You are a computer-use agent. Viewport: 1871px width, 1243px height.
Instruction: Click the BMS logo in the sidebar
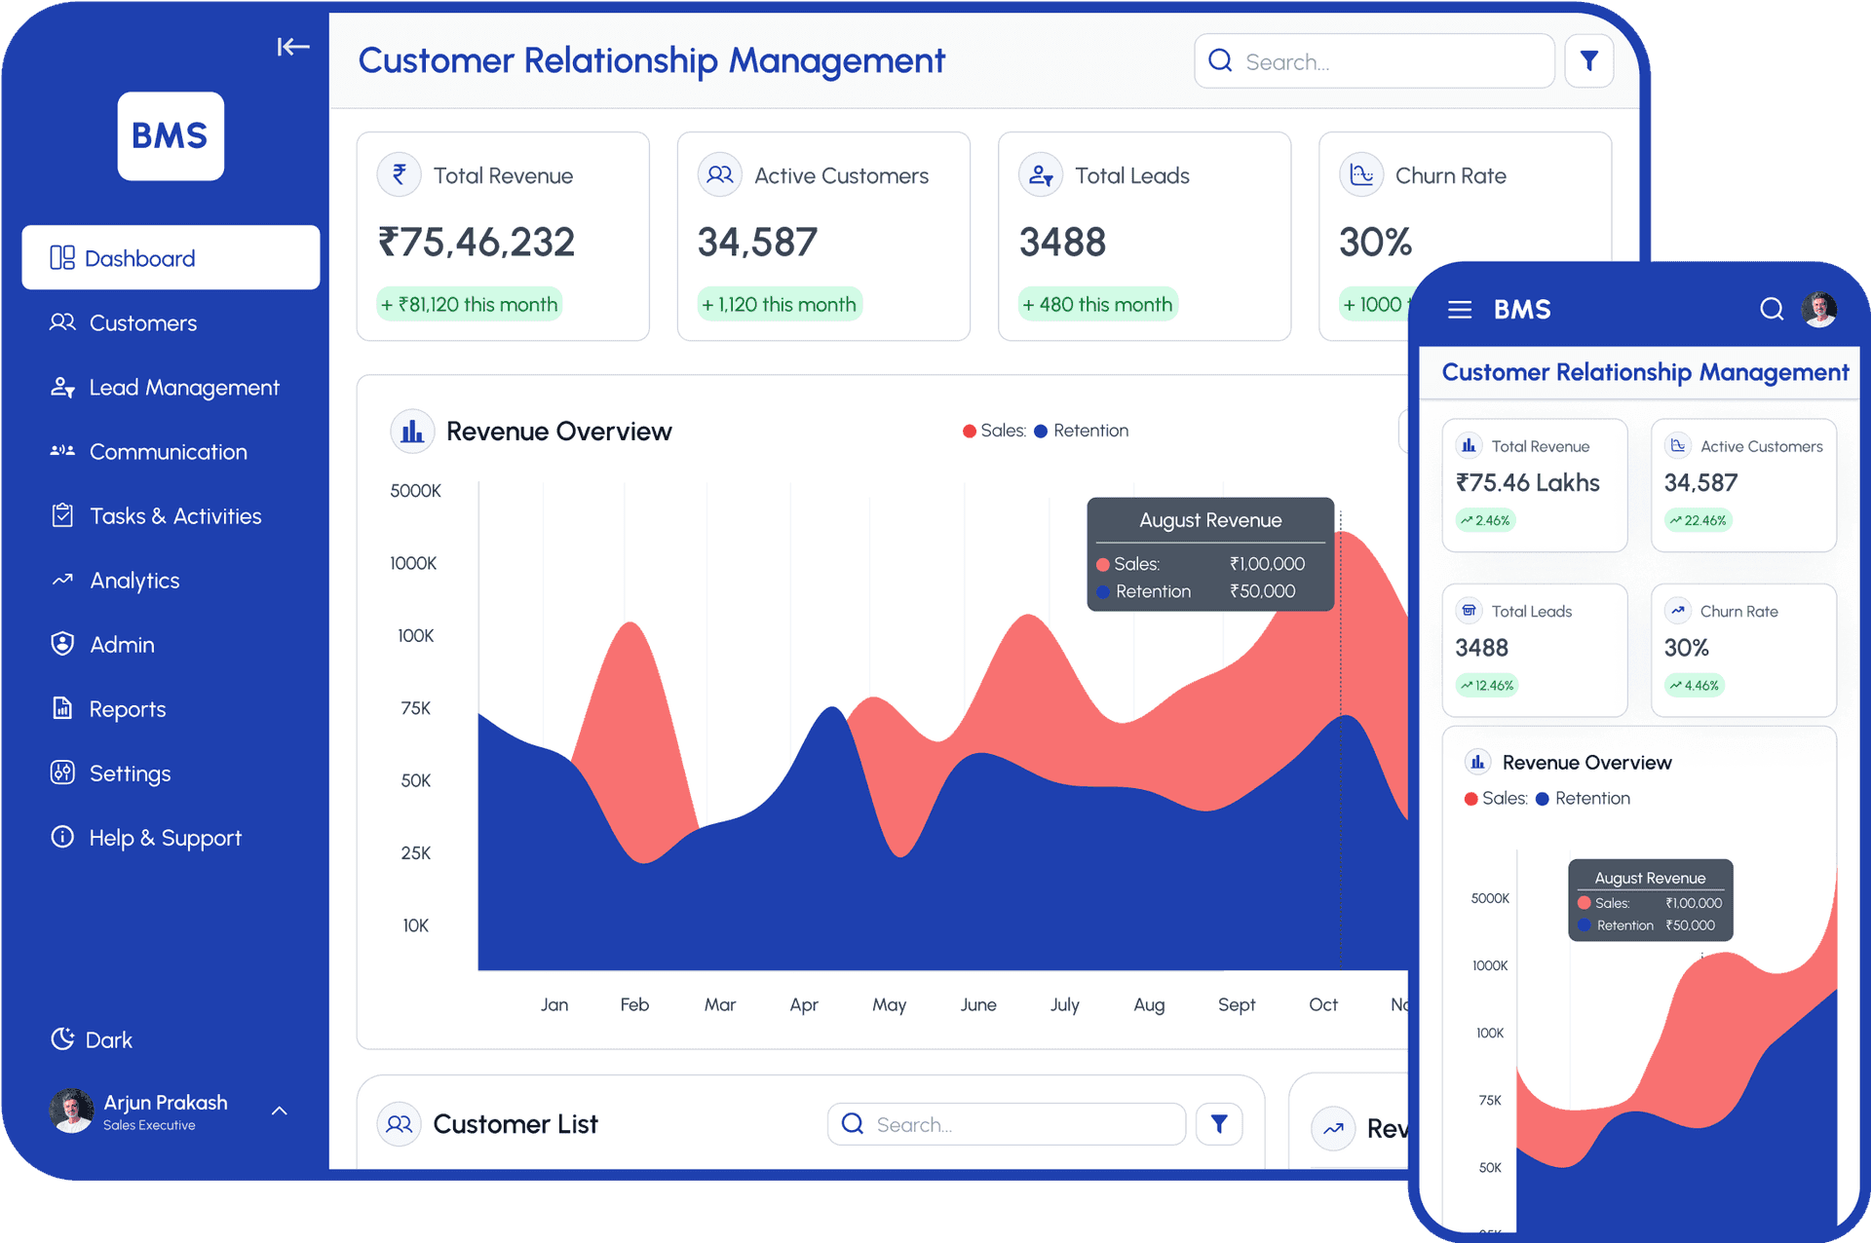[x=171, y=136]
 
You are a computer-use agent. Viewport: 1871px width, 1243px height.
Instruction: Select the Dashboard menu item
[x=171, y=258]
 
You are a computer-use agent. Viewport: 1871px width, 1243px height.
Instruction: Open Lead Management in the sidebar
[x=183, y=388]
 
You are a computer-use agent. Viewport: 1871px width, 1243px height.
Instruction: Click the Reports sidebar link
[x=127, y=709]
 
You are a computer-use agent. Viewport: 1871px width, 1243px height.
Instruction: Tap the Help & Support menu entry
[x=164, y=838]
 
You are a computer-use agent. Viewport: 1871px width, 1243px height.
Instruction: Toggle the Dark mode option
[x=93, y=1039]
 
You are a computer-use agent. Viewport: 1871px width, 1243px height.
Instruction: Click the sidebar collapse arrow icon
[x=292, y=47]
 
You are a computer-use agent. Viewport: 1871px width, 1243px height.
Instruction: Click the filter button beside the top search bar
[x=1588, y=61]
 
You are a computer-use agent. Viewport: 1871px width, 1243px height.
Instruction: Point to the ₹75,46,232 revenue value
[x=477, y=242]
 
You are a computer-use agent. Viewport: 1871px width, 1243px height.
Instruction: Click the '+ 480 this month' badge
[x=1097, y=305]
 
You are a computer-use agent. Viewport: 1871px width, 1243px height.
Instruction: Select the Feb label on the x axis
[x=634, y=1004]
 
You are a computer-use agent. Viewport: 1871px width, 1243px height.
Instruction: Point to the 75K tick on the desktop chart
[x=416, y=708]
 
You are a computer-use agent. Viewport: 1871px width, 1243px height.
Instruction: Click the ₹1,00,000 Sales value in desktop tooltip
[x=1267, y=564]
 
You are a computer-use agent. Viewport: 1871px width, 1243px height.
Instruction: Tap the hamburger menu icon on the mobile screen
[x=1460, y=310]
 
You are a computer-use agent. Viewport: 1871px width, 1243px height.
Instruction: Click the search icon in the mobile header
[x=1772, y=310]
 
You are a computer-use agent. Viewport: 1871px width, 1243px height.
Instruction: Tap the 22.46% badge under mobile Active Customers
[x=1698, y=520]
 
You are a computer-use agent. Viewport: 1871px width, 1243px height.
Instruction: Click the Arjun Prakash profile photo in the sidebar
[x=71, y=1111]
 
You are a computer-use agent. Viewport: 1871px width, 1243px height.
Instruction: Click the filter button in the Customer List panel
[x=1219, y=1124]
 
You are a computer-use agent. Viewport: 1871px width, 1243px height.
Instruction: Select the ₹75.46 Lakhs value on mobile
[x=1527, y=483]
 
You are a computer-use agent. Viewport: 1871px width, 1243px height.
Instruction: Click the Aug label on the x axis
[x=1149, y=1004]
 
